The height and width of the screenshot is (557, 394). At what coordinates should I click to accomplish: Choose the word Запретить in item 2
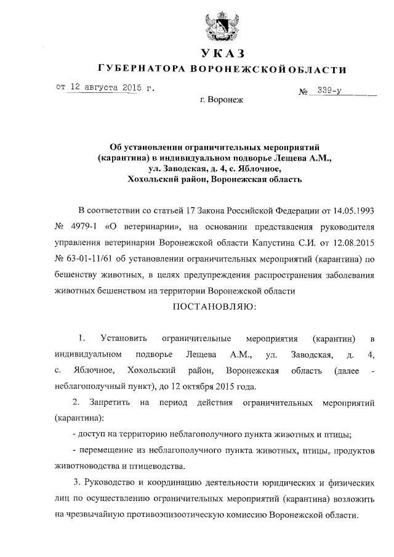tap(109, 403)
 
